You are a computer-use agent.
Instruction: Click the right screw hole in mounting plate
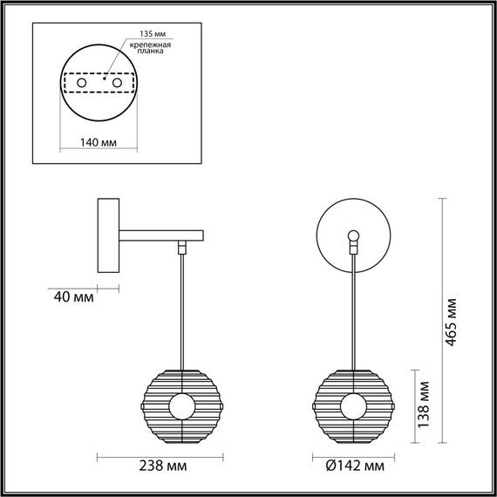click(115, 81)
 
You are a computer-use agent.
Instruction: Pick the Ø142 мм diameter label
click(356, 466)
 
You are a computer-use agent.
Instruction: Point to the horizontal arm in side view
click(161, 235)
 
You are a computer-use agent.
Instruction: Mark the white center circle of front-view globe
click(354, 406)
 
